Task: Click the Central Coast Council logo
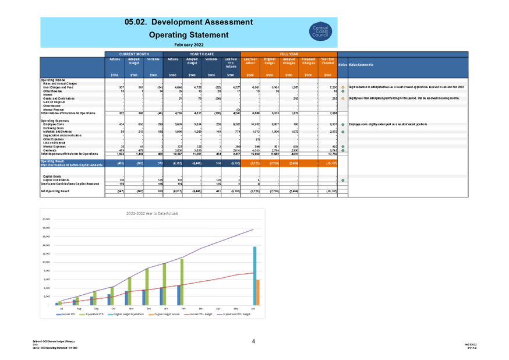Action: (x=320, y=31)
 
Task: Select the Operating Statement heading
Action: (x=189, y=35)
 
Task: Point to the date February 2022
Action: (x=189, y=44)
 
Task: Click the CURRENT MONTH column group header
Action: (x=134, y=54)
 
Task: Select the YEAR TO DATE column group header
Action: (x=202, y=54)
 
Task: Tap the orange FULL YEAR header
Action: (x=288, y=54)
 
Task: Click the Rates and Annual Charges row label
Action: (x=61, y=84)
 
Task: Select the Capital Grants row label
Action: (x=52, y=176)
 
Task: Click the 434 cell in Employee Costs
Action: (x=120, y=124)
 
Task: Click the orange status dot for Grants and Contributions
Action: (x=343, y=98)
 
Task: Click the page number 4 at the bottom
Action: (x=253, y=341)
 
